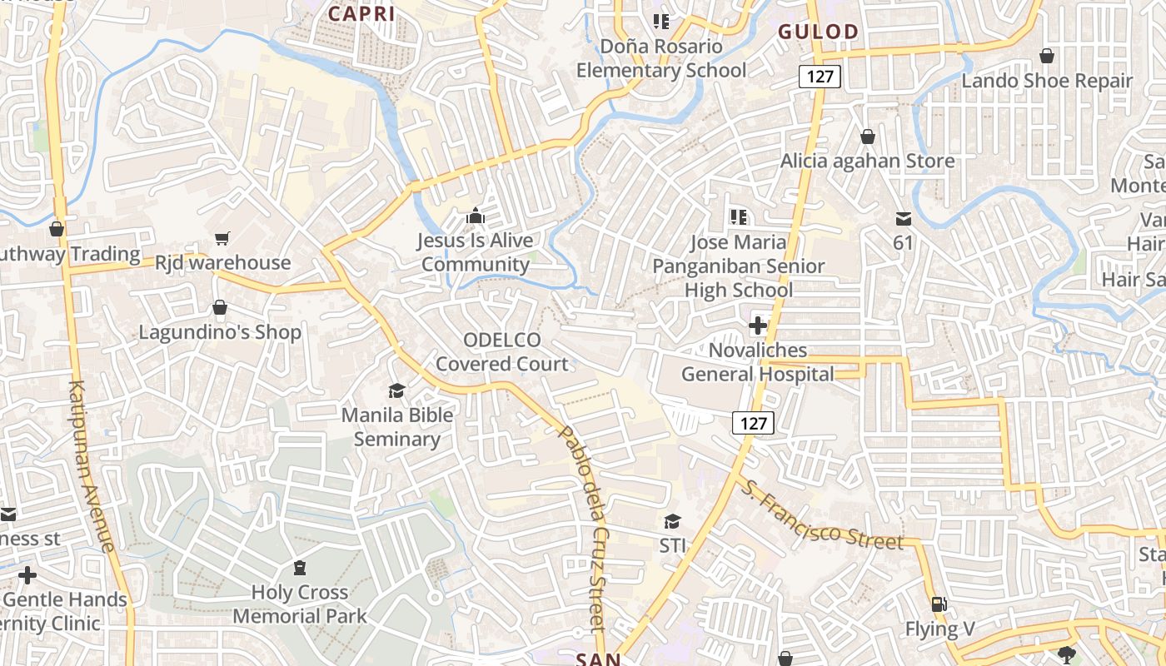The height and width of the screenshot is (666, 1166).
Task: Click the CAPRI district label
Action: pos(361,12)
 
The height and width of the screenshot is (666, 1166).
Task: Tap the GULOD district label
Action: pos(818,32)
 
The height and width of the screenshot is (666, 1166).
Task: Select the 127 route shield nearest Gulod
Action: pos(820,77)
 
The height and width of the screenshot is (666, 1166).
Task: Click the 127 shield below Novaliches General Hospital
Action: pos(754,423)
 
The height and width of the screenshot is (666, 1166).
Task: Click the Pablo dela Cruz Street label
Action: pos(588,529)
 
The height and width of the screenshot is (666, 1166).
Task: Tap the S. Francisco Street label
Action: pos(822,515)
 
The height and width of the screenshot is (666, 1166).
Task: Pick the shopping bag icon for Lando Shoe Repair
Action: pos(1047,56)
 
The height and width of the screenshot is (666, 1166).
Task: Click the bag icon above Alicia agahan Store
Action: pos(868,136)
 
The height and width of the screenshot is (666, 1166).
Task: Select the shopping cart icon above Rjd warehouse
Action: pos(222,239)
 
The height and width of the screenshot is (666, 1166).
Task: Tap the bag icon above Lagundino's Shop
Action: pos(220,308)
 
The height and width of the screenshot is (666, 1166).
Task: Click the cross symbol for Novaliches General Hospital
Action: pos(757,326)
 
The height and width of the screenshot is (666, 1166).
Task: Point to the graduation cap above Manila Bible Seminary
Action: pos(396,390)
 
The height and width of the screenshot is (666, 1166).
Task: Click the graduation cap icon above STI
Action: pos(672,521)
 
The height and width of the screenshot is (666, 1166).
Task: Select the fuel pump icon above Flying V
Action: pos(939,604)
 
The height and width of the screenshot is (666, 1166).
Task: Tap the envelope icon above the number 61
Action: pos(904,219)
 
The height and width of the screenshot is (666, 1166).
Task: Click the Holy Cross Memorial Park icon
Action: pos(300,568)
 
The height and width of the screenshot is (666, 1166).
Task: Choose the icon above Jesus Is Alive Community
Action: pos(476,216)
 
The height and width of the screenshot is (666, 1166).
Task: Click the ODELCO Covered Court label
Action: pos(502,351)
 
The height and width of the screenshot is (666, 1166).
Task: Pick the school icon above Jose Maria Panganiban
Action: pos(738,217)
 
